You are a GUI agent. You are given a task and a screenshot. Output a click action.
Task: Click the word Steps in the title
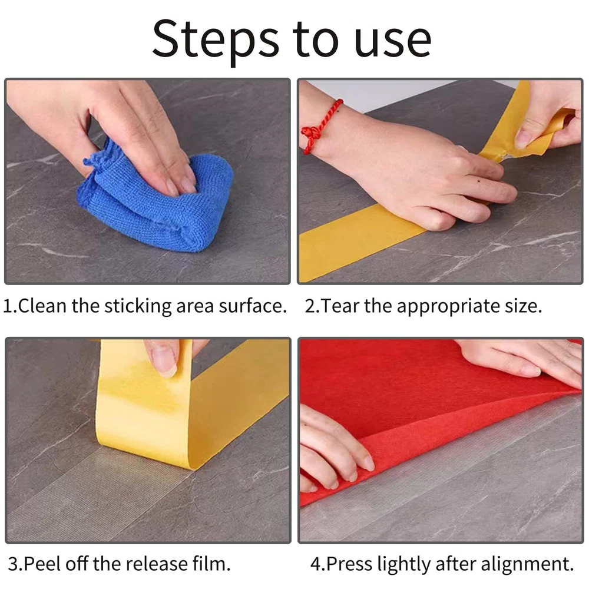click(216, 41)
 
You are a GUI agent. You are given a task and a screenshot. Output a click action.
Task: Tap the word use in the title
click(392, 42)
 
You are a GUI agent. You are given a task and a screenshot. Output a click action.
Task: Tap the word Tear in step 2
click(340, 306)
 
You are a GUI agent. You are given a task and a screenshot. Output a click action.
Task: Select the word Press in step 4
click(349, 564)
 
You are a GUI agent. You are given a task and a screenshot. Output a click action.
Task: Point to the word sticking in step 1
click(138, 306)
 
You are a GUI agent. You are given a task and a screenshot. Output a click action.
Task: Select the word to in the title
click(316, 41)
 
